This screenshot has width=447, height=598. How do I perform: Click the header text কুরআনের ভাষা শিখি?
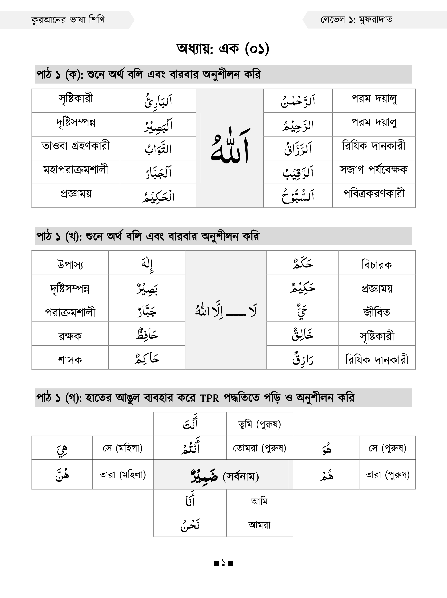(68, 20)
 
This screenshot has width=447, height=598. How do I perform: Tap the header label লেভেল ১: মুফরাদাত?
(356, 20)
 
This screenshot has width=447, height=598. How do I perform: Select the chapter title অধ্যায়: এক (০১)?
(223, 49)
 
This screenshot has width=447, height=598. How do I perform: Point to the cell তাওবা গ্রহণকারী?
(76, 146)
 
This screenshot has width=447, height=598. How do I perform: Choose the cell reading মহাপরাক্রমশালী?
(76, 170)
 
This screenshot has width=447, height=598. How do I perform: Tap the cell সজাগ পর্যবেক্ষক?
(374, 170)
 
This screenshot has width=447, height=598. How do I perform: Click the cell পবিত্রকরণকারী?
(374, 194)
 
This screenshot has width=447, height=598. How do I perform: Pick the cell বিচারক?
(377, 264)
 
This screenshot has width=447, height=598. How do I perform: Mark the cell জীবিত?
(377, 312)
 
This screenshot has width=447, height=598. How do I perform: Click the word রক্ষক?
(70, 336)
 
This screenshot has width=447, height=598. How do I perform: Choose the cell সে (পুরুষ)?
(387, 448)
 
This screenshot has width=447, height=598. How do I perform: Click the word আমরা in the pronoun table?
(259, 525)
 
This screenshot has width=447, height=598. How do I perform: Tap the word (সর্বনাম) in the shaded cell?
(241, 476)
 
